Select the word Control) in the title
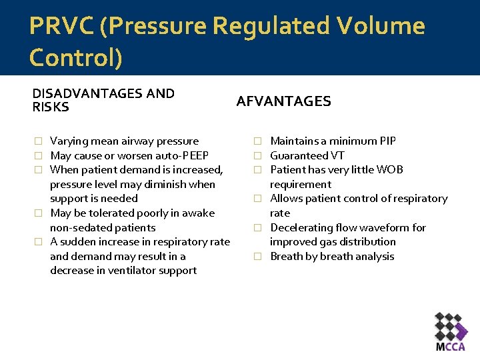(76, 58)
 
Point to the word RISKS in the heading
(51, 107)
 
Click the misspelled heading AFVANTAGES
(284, 101)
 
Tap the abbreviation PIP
(386, 141)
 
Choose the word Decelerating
(301, 227)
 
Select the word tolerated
(106, 213)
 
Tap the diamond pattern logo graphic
(451, 326)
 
